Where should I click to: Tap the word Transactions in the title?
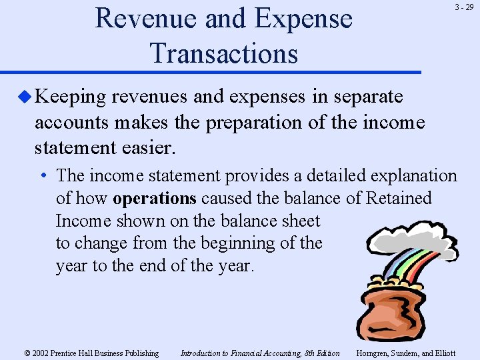point(224,53)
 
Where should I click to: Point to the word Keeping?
point(71,97)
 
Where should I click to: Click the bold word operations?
point(155,198)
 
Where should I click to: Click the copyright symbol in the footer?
point(27,353)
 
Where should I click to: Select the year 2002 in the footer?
point(41,353)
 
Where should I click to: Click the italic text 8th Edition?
point(321,353)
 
